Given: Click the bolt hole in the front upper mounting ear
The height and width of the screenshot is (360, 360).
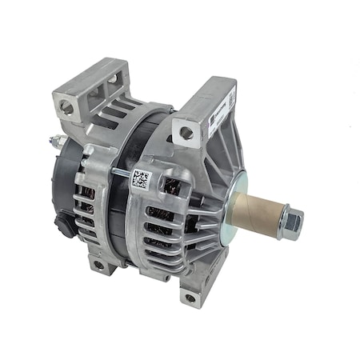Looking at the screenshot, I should [x=186, y=133].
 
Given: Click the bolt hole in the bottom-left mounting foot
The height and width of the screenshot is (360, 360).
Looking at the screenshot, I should [x=97, y=265].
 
